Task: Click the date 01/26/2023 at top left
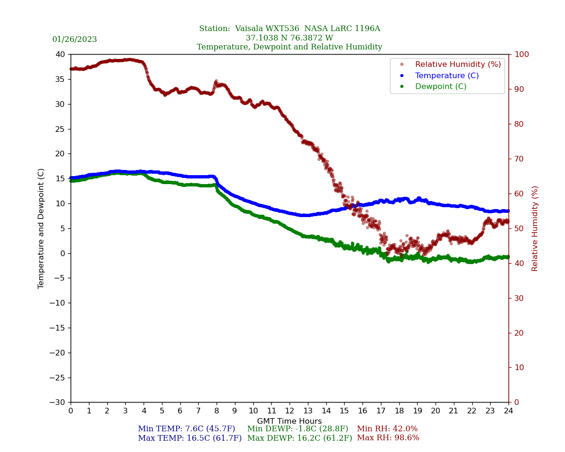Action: pos(74,40)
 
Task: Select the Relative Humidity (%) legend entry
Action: pos(458,65)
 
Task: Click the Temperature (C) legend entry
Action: pos(446,76)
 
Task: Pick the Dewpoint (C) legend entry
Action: pos(440,87)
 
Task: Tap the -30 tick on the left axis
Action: pos(59,403)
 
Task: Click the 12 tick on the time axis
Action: pos(290,411)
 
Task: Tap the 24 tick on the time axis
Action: pos(508,411)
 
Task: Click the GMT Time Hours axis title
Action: pos(290,421)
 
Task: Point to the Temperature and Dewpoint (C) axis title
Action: pos(41,228)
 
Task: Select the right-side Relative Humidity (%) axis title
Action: pos(535,228)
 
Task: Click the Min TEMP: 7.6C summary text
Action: pos(186,429)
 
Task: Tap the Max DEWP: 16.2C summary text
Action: pos(299,438)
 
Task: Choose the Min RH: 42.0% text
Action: pos(387,429)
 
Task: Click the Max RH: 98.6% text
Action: pos(388,438)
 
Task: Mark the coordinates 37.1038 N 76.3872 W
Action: pos(290,38)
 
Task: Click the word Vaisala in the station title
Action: pos(252,29)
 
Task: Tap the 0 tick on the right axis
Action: pos(516,403)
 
